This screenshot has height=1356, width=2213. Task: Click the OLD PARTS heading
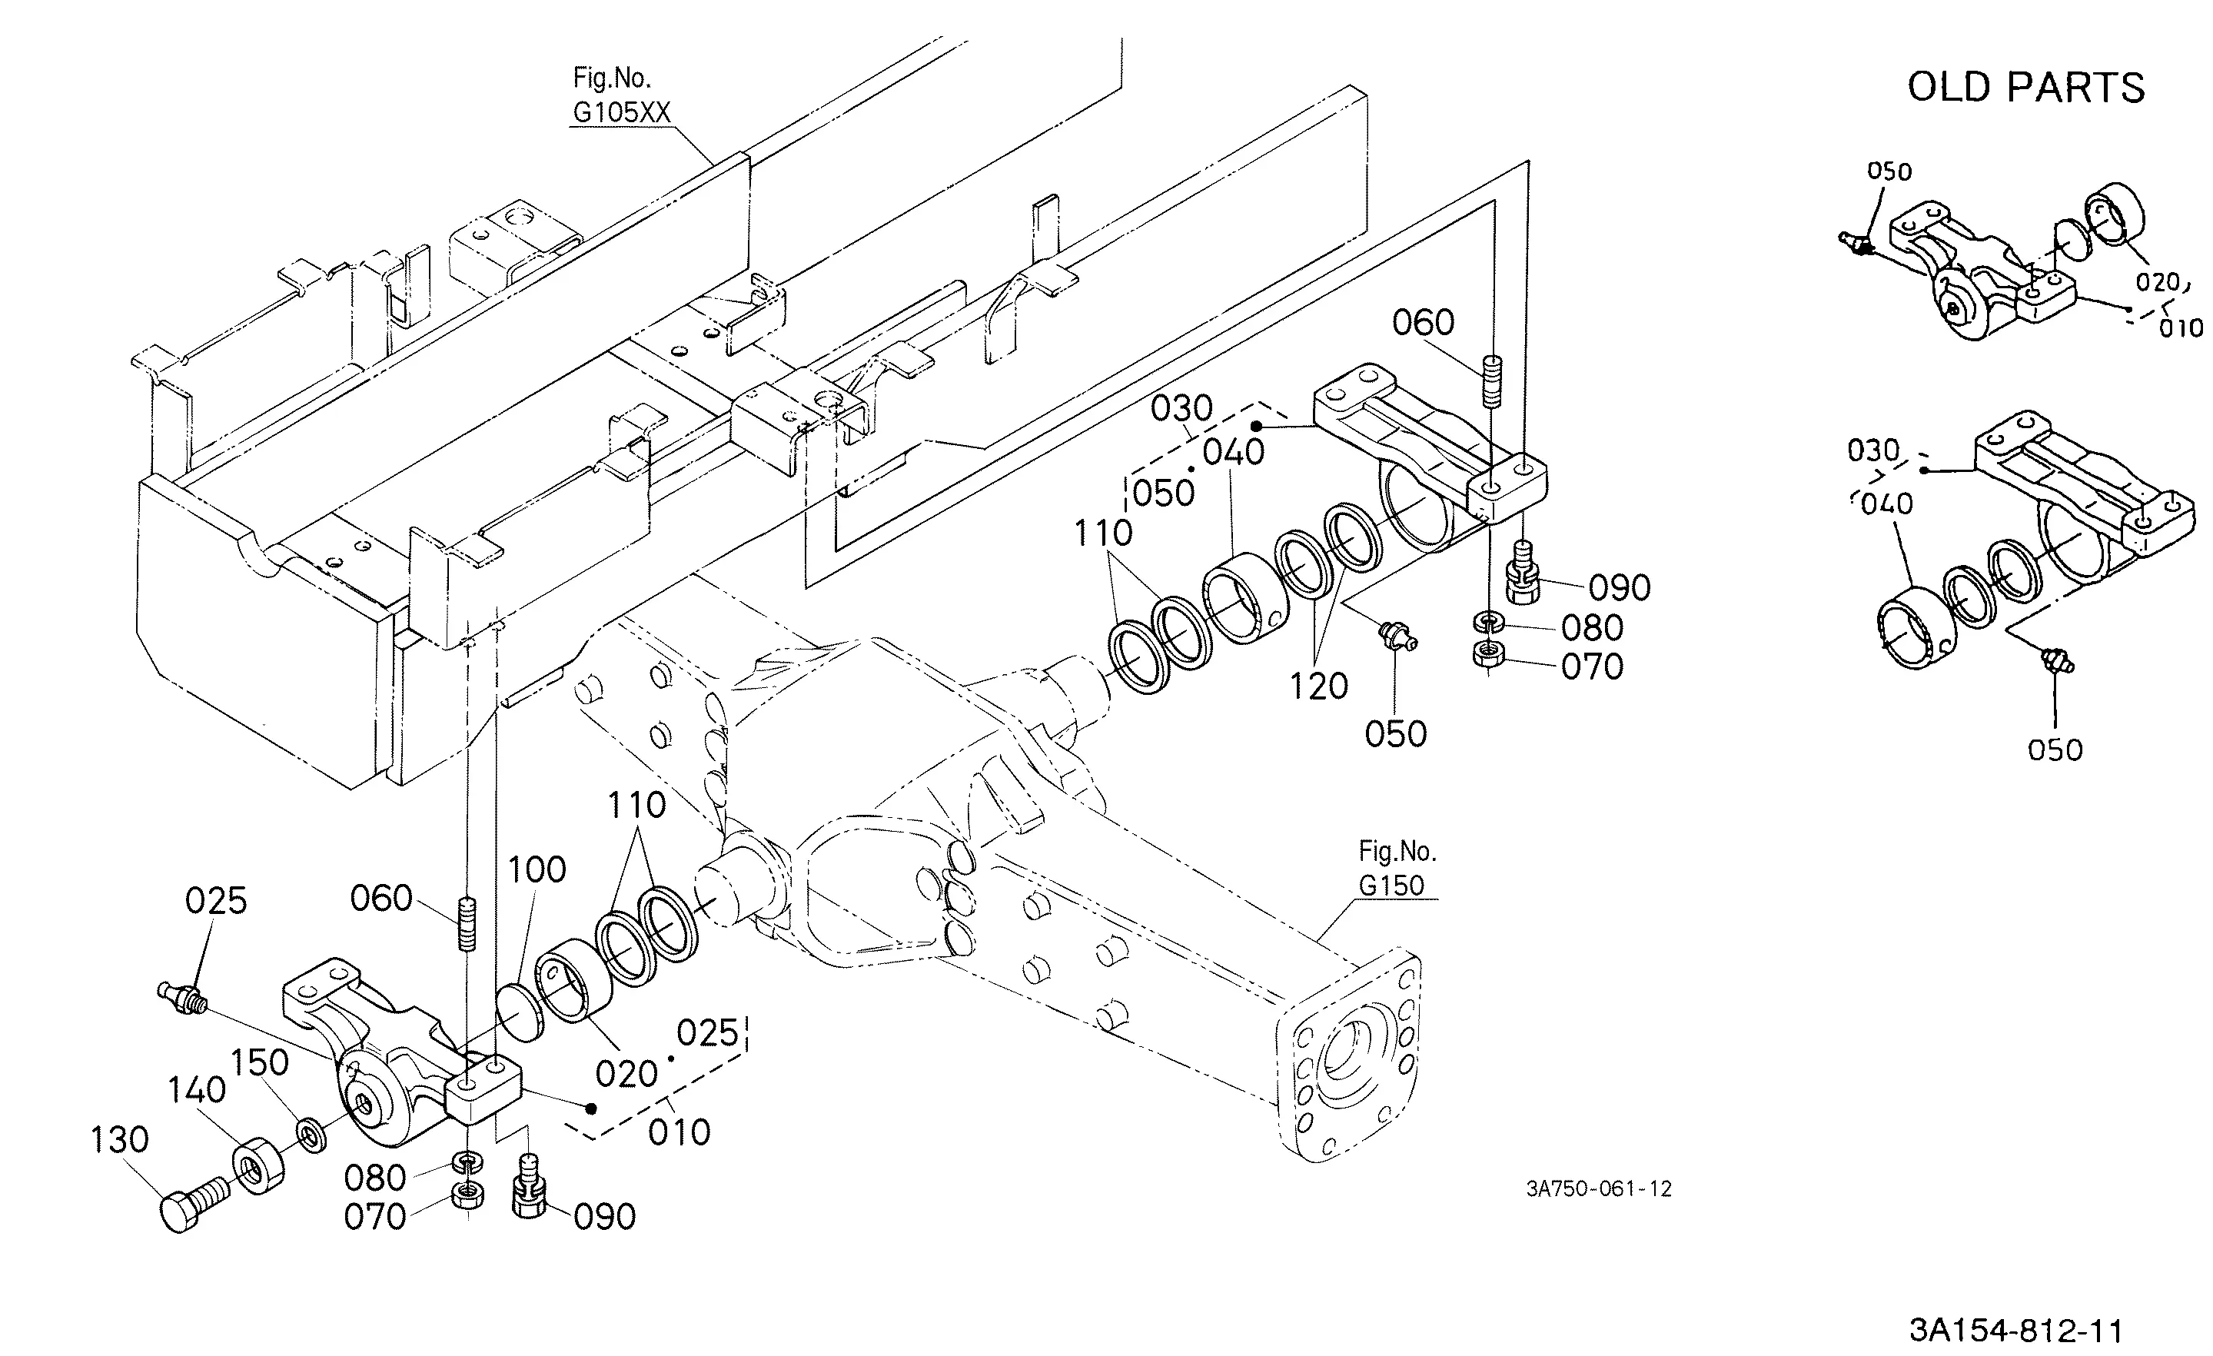pyautogui.click(x=2026, y=88)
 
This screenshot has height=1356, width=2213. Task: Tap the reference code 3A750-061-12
pyautogui.click(x=1599, y=1189)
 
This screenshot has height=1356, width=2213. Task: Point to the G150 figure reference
pyautogui.click(x=1391, y=886)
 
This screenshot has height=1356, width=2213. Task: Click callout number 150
pyautogui.click(x=260, y=1062)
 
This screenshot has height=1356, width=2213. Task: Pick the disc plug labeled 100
pyautogui.click(x=521, y=1011)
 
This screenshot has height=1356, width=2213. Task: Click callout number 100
pyautogui.click(x=537, y=869)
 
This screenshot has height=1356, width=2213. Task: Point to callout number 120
pyautogui.click(x=1319, y=686)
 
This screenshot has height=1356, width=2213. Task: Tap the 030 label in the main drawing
pyautogui.click(x=1182, y=409)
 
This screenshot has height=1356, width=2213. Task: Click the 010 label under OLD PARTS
pyautogui.click(x=2181, y=329)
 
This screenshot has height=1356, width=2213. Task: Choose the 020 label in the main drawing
pyautogui.click(x=627, y=1074)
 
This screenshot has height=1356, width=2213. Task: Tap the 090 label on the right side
pyautogui.click(x=1620, y=588)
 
